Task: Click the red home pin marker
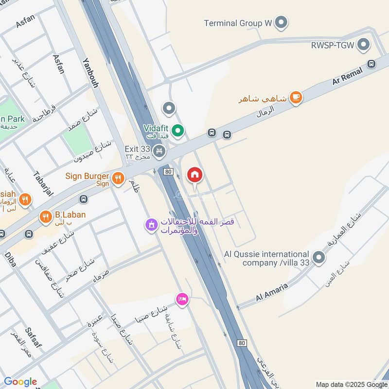[194, 175]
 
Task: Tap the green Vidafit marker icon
[178, 130]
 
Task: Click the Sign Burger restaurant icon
[118, 179]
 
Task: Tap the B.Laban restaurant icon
[46, 217]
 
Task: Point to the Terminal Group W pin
[281, 22]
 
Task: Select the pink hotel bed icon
[182, 298]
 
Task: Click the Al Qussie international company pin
[318, 258]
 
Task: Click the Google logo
[20, 382]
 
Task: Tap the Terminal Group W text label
[238, 23]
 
